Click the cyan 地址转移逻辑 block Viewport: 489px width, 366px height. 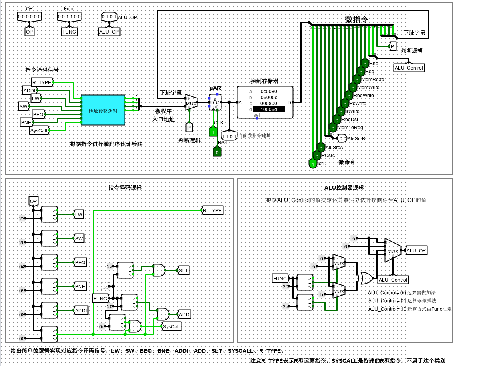pos(103,110)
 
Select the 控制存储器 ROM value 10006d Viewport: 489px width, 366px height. pos(268,109)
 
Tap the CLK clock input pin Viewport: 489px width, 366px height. pos(213,132)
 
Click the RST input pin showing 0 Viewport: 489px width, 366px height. pos(217,152)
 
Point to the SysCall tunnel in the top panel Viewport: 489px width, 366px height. pos(39,130)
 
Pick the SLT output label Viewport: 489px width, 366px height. pos(183,270)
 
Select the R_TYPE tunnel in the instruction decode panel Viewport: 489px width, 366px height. pos(212,210)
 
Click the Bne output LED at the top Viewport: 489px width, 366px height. pos(365,64)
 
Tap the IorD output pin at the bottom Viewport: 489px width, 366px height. pos(312,164)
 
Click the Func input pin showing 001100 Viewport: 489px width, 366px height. pos(70,17)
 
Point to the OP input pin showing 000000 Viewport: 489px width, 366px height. pos(30,17)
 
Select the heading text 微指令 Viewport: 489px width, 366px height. pos(356,19)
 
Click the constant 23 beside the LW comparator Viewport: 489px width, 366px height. pos(22,218)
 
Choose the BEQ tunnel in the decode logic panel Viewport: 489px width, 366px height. pos(80,263)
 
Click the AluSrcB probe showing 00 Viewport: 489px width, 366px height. pos(342,139)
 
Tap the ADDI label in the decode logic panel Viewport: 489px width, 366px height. pos(81,310)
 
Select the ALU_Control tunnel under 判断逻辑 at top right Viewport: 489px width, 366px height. pos(409,68)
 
